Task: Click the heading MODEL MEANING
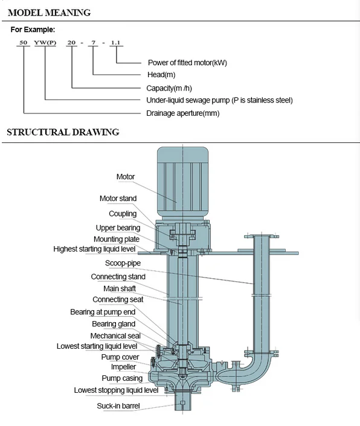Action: coord(49,13)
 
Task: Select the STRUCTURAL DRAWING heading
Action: coord(63,132)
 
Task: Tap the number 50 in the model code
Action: coord(24,42)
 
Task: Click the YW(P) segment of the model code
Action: coord(45,42)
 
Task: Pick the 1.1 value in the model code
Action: coord(115,42)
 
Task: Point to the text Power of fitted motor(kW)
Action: coord(187,63)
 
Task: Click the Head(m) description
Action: coord(161,74)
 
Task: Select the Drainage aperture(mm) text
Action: coord(183,113)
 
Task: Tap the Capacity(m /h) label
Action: coord(169,88)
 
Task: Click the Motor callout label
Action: coord(126,177)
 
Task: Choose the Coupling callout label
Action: coord(123,214)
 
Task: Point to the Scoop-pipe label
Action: coord(123,263)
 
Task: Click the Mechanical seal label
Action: coord(115,336)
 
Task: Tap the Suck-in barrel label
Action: coord(118,406)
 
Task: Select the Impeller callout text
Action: coord(123,367)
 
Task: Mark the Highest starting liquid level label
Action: coord(94,249)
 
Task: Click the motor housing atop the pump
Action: coord(183,183)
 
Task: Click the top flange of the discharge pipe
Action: coord(262,237)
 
